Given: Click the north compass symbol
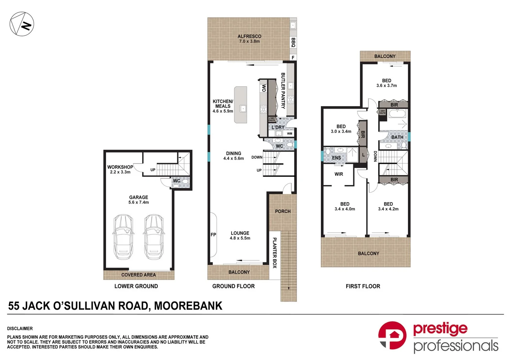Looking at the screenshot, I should click(22, 24).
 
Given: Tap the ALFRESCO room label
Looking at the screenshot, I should click(249, 36).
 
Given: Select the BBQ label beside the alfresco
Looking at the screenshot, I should click(293, 42).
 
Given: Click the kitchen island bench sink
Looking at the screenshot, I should click(243, 108).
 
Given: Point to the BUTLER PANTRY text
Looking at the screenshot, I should click(283, 91).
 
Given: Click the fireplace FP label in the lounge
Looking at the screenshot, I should click(213, 235).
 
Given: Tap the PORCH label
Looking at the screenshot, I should click(283, 211).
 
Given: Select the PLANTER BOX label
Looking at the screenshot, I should click(275, 253).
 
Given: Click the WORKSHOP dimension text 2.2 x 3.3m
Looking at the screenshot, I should click(120, 172).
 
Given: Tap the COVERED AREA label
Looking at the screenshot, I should click(138, 275).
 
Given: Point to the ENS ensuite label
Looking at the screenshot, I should click(336, 158).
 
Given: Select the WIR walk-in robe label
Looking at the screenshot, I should click(339, 174).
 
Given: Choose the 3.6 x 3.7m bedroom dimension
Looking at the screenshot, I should click(387, 86).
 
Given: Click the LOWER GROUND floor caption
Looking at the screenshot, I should click(136, 286).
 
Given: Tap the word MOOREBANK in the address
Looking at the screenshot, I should click(188, 306).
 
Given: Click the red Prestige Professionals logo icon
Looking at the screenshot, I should click(392, 335).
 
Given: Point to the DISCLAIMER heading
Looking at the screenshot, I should click(20, 329).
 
